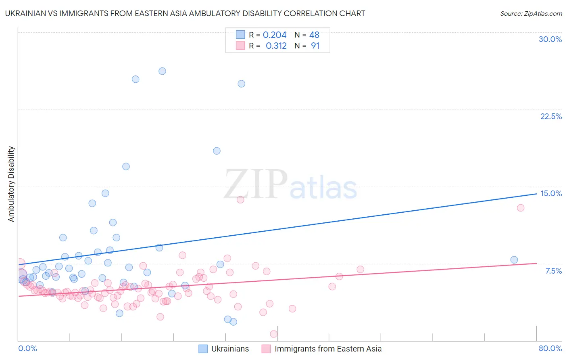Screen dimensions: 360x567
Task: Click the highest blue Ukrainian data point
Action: coord(162,71)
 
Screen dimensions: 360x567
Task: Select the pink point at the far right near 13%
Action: coord(521,208)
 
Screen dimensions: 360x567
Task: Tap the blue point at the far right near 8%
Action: coord(514,260)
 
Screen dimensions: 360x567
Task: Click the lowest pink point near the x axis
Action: coord(274,334)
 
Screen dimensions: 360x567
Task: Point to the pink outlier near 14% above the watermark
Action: coord(240,200)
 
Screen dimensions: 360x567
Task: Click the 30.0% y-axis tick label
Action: coord(550,39)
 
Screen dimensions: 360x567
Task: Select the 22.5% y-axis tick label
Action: coord(551,116)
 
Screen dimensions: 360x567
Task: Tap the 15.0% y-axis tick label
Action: coord(551,193)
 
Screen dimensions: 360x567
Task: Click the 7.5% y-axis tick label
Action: coord(553,271)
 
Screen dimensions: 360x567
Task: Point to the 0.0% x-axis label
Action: coord(27,348)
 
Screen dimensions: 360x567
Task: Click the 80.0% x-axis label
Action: coord(550,348)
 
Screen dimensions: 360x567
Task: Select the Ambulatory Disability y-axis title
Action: coord(11,184)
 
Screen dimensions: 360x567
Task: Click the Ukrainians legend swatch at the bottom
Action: coord(203,349)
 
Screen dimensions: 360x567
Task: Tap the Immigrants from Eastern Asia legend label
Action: coord(328,349)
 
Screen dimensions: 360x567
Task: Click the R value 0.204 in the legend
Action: coord(275,35)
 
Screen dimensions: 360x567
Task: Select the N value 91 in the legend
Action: coord(315,46)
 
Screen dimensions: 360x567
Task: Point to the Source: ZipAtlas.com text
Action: coord(531,13)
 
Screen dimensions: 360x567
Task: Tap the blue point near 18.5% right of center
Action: coord(217,151)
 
